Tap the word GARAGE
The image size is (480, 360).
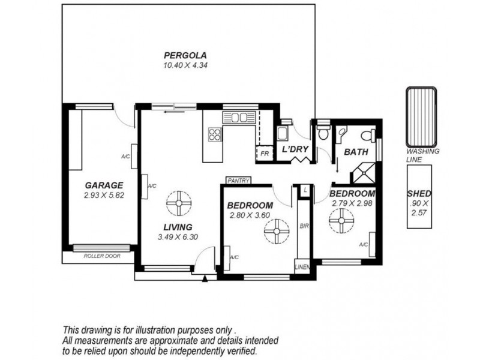[104, 185]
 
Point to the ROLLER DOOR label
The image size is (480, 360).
[101, 256]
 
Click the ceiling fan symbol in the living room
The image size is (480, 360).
[178, 202]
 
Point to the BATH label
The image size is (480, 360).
[355, 152]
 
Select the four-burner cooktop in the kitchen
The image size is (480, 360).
[214, 134]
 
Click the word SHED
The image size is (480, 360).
[420, 194]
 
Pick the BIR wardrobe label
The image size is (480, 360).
[304, 226]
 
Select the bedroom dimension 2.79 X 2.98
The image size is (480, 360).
[353, 204]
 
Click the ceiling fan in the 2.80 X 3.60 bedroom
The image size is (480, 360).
[277, 231]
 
